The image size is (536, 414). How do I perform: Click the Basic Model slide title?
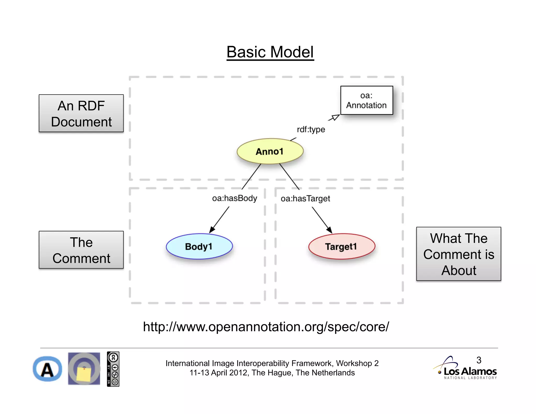pos(270,52)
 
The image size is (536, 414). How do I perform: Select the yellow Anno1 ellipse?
pos(270,151)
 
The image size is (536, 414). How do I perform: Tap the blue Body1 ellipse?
pos(199,246)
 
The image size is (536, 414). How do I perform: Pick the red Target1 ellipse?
pos(341,246)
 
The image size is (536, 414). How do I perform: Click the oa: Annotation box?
pos(366,100)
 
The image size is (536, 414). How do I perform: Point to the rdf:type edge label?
pos(311,129)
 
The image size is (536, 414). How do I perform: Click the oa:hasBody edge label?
pos(234,198)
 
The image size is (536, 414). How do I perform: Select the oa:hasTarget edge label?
pos(305,198)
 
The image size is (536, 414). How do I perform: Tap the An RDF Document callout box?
pos(81,113)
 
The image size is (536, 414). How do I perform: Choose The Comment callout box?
pos(81,250)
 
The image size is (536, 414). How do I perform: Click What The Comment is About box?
pos(459,254)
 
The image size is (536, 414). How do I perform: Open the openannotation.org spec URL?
pos(266,327)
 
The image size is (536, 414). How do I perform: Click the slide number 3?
pos(479,360)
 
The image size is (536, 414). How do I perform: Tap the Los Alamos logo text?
pos(470,371)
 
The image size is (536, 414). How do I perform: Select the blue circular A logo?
pos(47,369)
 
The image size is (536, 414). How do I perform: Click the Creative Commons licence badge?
pos(113,369)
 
